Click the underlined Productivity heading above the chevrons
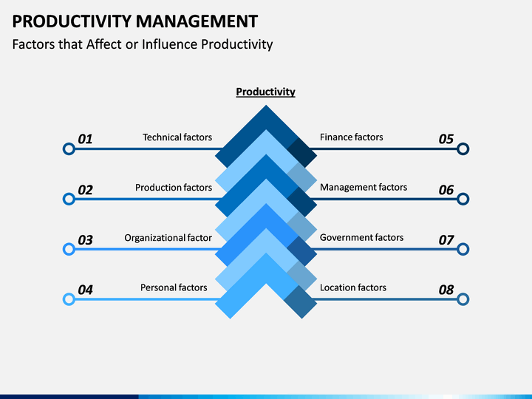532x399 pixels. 266,92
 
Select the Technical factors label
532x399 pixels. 177,137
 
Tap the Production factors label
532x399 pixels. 174,187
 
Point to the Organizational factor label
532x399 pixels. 168,237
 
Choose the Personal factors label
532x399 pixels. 174,287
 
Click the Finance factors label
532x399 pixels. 351,137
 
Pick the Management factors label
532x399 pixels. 364,187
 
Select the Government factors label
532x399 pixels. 361,237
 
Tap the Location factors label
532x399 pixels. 353,287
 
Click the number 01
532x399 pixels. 85,139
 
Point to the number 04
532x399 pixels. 85,290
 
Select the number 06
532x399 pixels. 446,190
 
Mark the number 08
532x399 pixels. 446,290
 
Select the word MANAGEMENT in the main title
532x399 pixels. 197,21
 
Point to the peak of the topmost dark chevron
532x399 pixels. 266,105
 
